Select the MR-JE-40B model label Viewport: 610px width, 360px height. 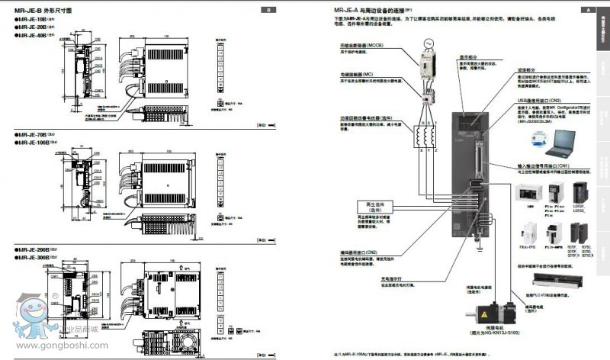click(34, 34)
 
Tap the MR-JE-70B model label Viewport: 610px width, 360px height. click(34, 134)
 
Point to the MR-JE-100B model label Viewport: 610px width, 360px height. click(35, 143)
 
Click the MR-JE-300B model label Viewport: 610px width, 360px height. click(35, 258)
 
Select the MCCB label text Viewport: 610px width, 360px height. click(366, 46)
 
